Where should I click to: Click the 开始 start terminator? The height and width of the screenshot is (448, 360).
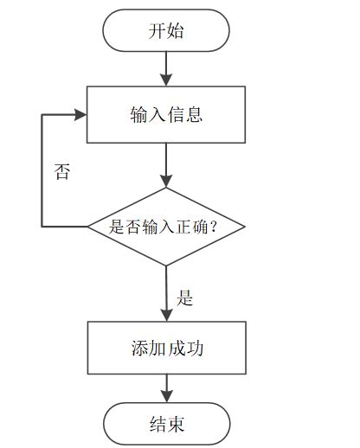[x=166, y=32]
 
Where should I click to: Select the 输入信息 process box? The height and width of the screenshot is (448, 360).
[x=166, y=114]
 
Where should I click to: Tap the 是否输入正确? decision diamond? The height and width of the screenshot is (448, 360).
[x=166, y=227]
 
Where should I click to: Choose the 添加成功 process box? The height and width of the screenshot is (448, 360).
[x=166, y=348]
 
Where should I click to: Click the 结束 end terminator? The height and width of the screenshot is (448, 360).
[x=166, y=424]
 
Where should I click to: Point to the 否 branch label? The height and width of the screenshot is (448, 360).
[x=61, y=170]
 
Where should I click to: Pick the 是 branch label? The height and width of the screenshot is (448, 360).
[x=184, y=299]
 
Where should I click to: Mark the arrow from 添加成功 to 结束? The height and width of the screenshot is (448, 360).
[x=166, y=389]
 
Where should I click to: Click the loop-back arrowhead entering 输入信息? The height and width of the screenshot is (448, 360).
[x=81, y=114]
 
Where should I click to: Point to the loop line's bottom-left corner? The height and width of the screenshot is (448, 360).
[x=42, y=227]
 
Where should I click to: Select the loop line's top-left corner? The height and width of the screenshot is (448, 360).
[x=42, y=114]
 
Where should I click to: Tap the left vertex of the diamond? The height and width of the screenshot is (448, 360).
[x=88, y=227]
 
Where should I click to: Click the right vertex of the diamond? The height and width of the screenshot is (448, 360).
[x=245, y=227]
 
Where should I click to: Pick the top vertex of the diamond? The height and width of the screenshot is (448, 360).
[x=166, y=189]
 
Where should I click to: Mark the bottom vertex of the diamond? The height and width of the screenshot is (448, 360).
[x=166, y=266]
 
